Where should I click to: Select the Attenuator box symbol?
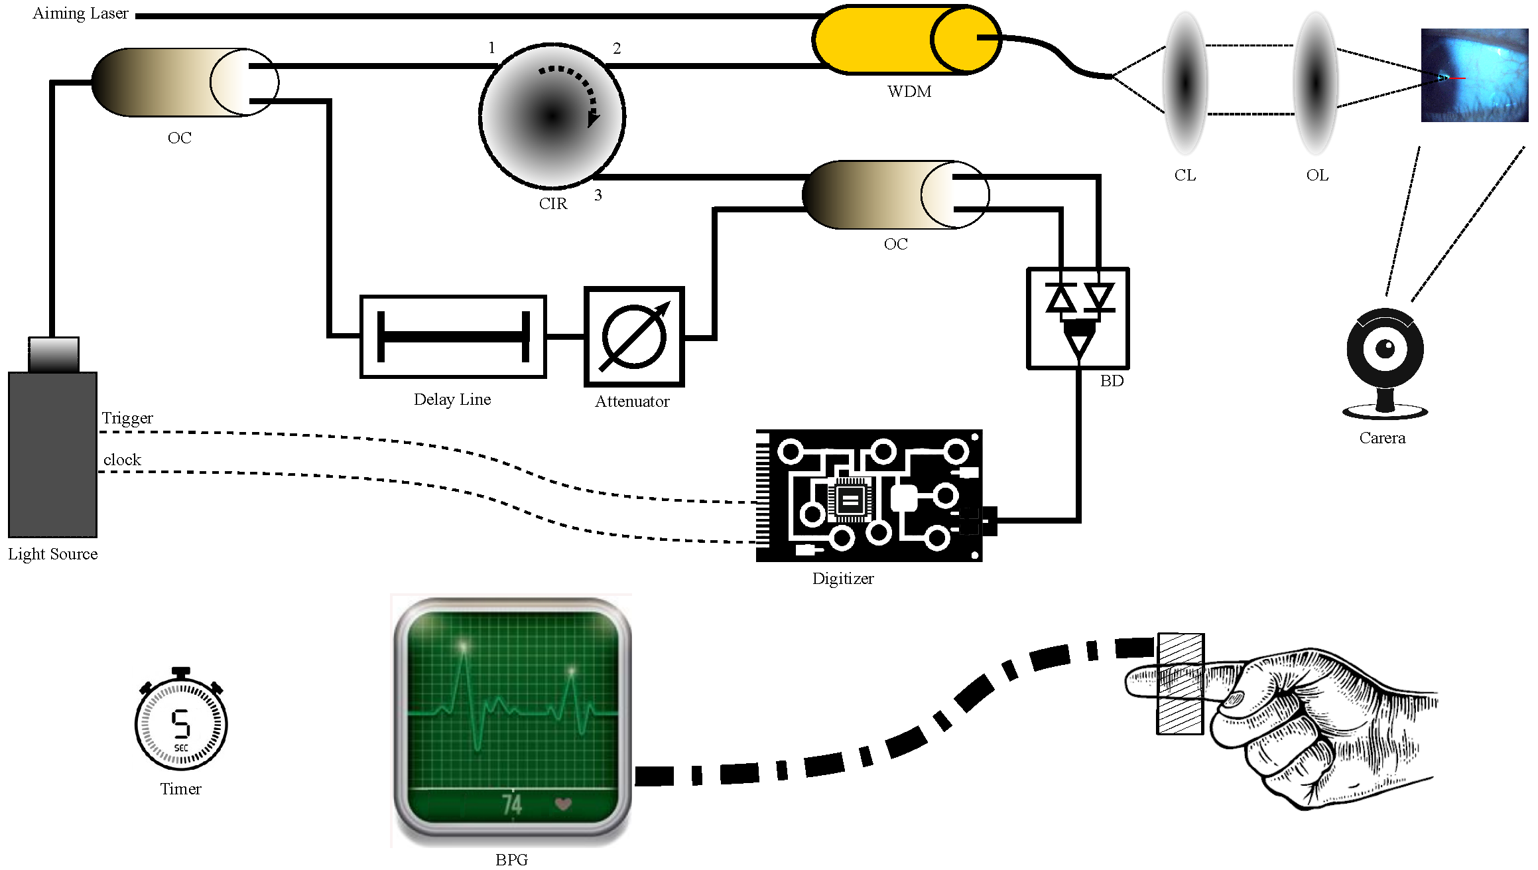tap(633, 337)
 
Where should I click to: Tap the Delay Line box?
tap(453, 337)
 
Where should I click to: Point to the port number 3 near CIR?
tap(598, 195)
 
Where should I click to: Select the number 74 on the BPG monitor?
tap(512, 805)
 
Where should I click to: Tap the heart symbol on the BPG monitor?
tap(563, 804)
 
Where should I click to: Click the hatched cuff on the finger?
tap(1181, 684)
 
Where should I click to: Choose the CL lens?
tap(1185, 83)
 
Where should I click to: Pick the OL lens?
tap(1316, 83)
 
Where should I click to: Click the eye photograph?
tap(1474, 75)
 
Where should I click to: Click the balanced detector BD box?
tap(1078, 319)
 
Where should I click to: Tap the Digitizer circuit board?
tap(869, 496)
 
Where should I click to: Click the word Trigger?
tap(127, 418)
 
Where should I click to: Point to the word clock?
tap(122, 460)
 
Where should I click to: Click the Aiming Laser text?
tap(80, 13)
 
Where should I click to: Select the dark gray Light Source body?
tap(52, 455)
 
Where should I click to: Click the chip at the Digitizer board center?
tap(850, 500)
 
